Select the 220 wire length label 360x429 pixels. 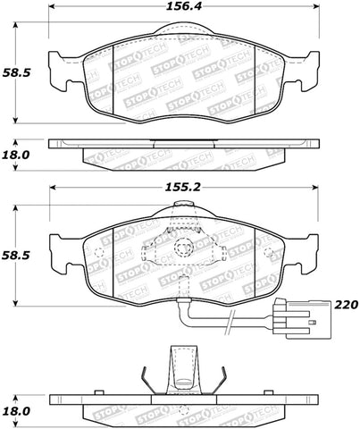coord(346,305)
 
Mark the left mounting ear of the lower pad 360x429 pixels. coord(62,249)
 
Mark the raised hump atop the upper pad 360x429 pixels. coord(184,33)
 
